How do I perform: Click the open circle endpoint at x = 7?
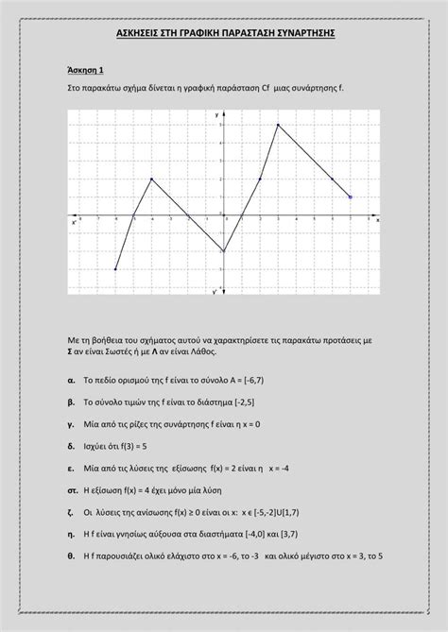coord(350,197)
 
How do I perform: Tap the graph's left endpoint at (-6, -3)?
coord(115,269)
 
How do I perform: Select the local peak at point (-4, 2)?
coord(151,179)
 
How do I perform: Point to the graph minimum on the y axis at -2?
coord(224,251)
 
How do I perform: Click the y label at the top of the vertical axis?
coord(216,114)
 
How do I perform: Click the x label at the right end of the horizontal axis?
coord(377,220)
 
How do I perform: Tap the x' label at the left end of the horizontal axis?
coord(74,223)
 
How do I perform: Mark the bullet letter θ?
coord(72,555)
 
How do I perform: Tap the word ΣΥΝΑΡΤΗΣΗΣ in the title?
coord(302,34)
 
